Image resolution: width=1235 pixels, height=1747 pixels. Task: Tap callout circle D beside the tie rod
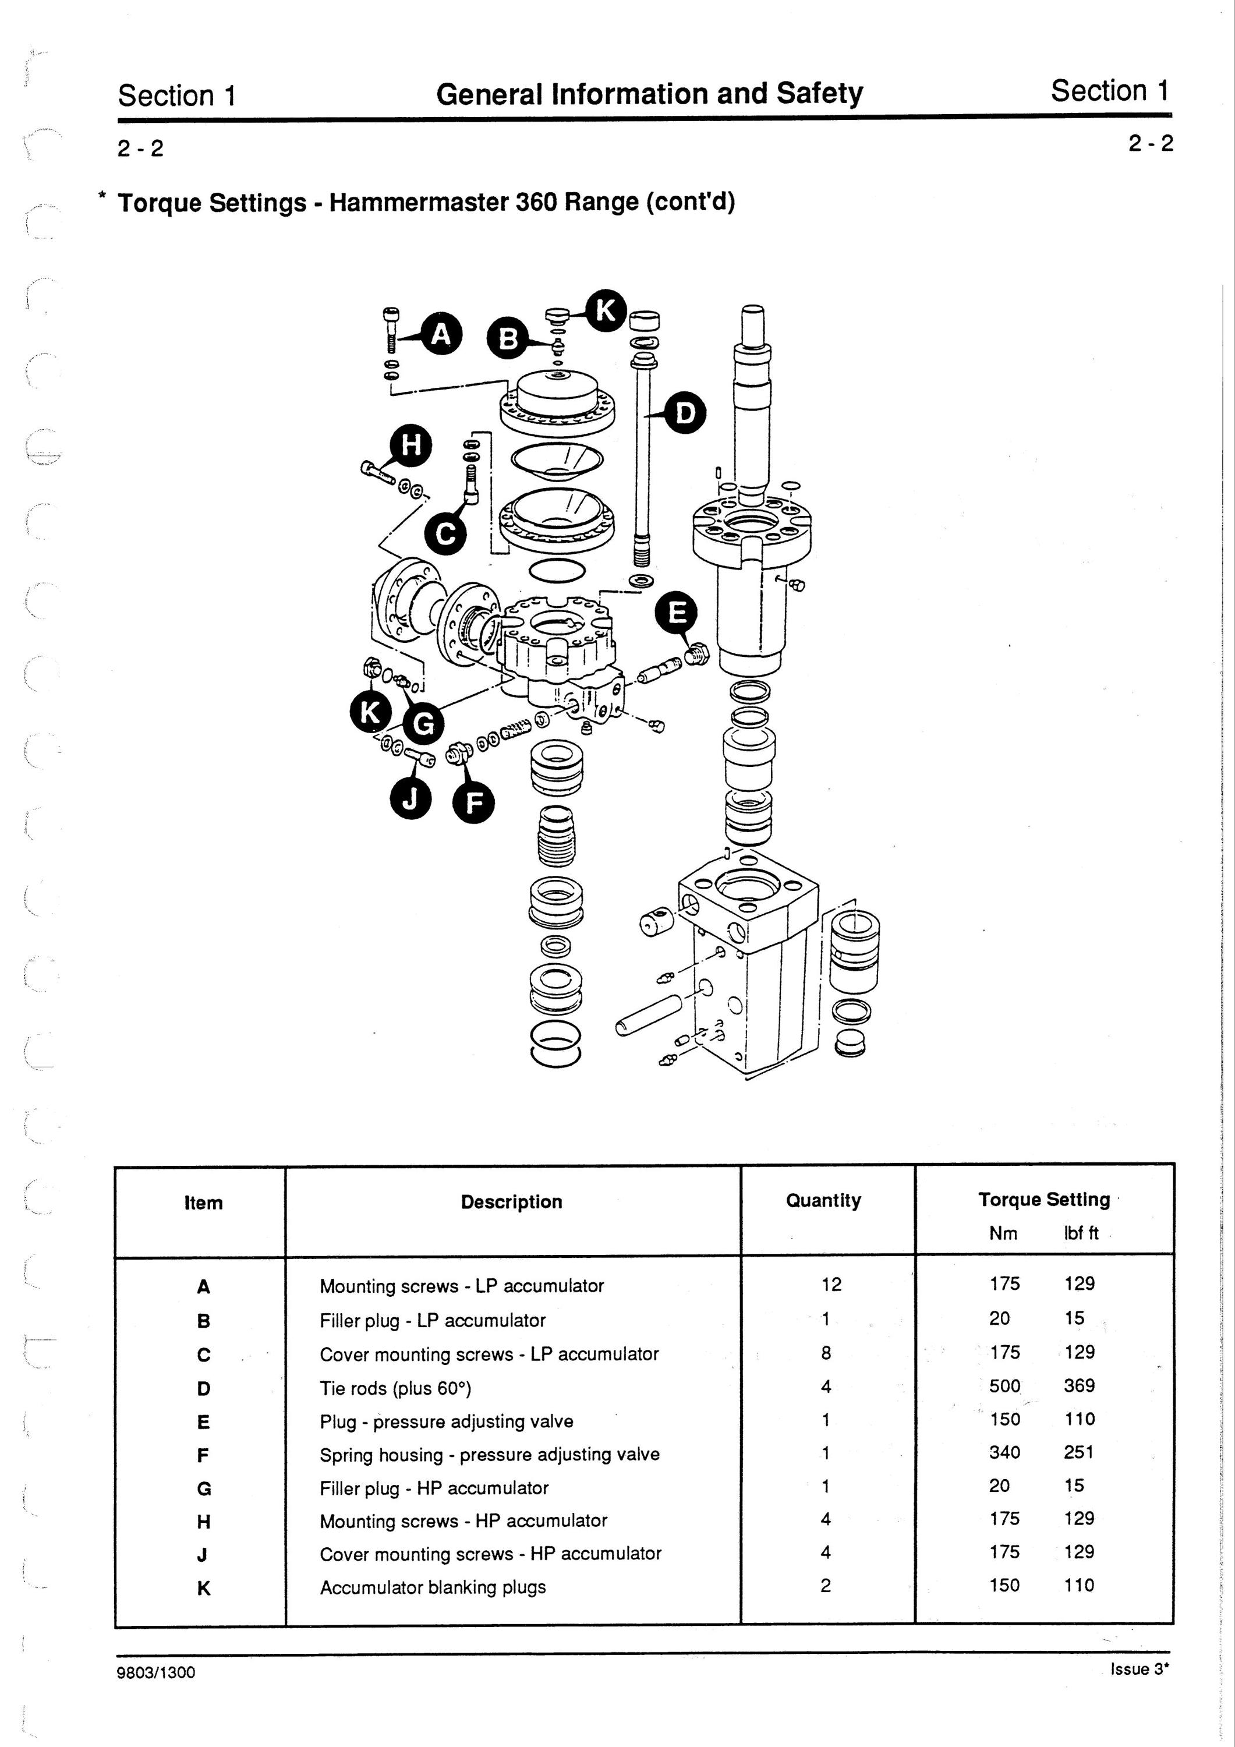685,413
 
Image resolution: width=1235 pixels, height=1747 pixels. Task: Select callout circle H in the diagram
411,445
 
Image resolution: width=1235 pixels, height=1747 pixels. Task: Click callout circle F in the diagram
473,802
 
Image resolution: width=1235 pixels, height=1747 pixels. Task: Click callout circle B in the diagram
509,340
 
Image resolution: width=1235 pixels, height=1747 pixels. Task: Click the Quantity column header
823,1201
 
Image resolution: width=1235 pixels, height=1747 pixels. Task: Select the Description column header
511,1201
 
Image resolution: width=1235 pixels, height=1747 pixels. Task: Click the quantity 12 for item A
831,1285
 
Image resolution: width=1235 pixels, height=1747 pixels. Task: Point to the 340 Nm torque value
1004,1452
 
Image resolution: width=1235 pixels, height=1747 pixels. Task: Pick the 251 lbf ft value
1079,1452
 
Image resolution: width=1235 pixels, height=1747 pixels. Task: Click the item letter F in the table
203,1456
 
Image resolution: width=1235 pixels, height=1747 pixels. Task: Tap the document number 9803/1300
157,1672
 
